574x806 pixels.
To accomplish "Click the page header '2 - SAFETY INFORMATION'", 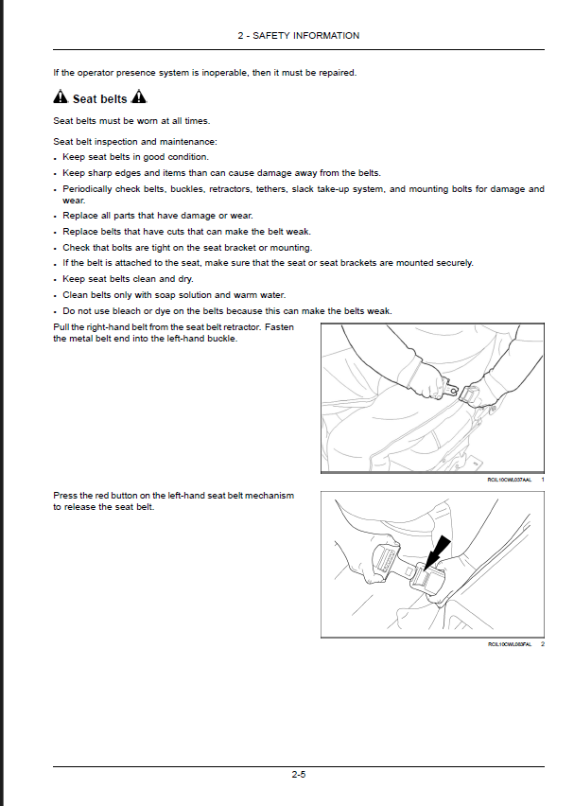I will tap(298, 36).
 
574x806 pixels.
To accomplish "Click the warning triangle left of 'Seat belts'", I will tap(61, 97).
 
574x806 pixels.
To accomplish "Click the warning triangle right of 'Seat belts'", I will tap(139, 97).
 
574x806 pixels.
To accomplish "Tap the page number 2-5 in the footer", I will tap(298, 775).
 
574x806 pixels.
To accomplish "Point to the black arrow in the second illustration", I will tap(437, 550).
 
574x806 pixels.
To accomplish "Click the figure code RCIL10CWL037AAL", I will tap(510, 480).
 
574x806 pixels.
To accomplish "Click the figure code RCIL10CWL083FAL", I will tap(510, 643).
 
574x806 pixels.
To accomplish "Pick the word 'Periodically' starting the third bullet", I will tap(87, 189).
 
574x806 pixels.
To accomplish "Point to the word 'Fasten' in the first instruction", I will tap(279, 327).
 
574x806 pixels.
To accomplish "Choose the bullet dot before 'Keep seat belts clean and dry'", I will tap(56, 280).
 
